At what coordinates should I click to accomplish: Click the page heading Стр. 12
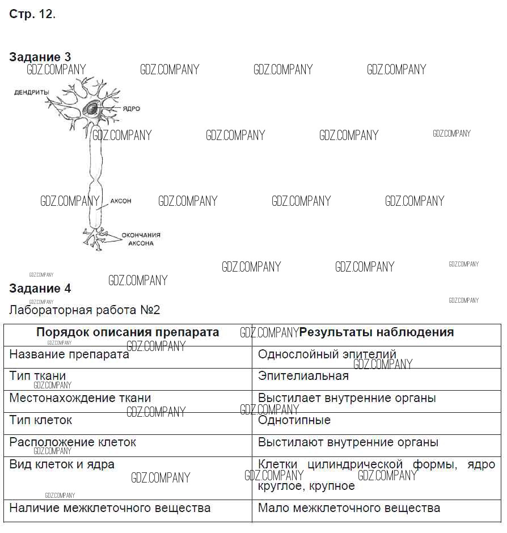pos(32,15)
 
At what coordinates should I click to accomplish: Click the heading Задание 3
pos(40,57)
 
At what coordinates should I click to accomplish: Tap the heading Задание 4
pos(40,289)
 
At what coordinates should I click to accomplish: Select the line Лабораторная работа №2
pos(85,310)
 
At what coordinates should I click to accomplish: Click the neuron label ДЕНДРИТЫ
pos(32,92)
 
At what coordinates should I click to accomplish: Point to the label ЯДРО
pos(130,109)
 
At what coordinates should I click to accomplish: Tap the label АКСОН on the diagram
pos(121,201)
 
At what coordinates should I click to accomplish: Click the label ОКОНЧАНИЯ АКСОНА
pos(140,239)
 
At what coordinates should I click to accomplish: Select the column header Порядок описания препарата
pos(128,332)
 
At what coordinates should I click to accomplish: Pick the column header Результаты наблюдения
pos(377,332)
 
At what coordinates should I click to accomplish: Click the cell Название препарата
pos(69,355)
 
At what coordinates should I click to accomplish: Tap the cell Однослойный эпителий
pos(327,354)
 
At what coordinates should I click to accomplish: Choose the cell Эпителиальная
pos(303,376)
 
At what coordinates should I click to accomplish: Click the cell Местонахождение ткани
pos(80,398)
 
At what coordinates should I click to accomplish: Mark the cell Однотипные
pos(294,420)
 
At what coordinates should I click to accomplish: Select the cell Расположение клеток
pos(73,442)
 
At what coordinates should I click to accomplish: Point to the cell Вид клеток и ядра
pos(62,464)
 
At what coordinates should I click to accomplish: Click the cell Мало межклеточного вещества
pos(349,508)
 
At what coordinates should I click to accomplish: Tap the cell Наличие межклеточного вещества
pos(110,508)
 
